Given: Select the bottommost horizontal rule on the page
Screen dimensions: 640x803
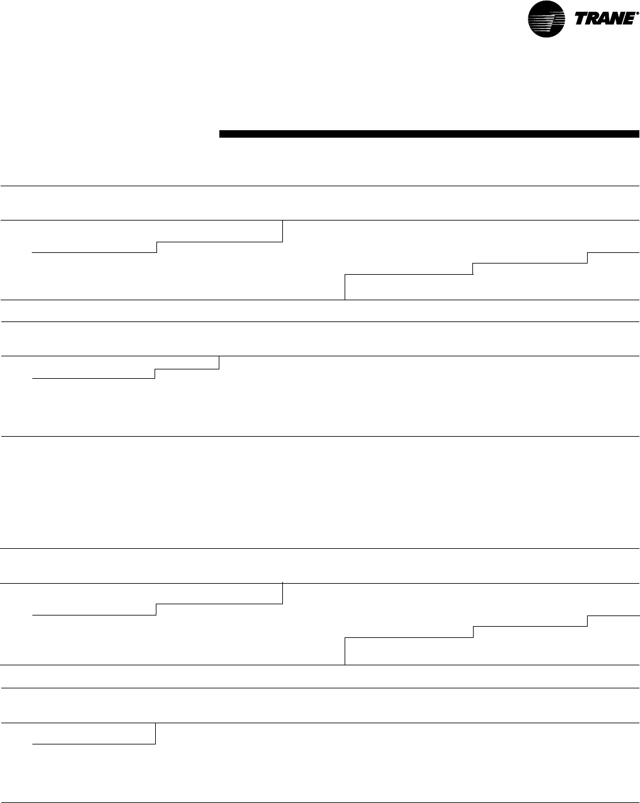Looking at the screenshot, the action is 320,802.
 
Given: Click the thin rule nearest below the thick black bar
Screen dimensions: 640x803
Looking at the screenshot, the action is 320,186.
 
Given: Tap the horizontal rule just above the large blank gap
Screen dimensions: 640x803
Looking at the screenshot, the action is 320,436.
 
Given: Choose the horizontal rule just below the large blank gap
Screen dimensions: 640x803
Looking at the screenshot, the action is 320,548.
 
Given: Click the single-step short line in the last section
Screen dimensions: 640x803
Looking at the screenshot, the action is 93,743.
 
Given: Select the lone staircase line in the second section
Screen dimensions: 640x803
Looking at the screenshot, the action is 93,378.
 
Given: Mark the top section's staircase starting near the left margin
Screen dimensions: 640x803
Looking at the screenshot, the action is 93,252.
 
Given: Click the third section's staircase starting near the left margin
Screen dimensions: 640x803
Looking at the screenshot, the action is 93,615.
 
